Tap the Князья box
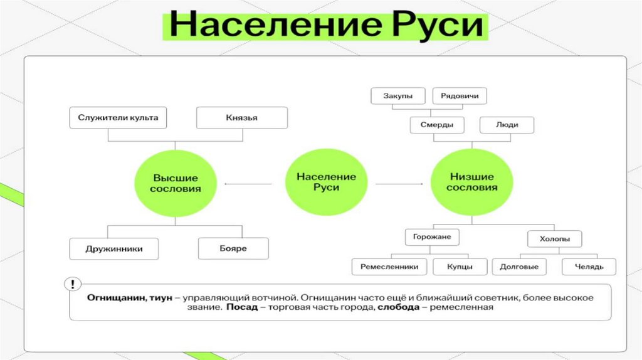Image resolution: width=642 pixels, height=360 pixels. [242, 117]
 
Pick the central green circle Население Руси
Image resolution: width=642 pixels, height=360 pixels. [326, 183]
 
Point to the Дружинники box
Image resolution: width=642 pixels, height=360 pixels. [114, 248]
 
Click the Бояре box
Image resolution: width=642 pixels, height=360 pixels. [233, 248]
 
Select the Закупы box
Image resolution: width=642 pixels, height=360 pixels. [397, 96]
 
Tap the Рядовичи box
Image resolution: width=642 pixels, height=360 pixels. [460, 96]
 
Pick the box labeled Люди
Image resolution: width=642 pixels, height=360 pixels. [507, 124]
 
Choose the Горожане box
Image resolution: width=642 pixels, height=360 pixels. [432, 237]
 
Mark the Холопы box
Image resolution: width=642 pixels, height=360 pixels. [554, 238]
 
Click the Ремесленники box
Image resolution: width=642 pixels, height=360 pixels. [389, 267]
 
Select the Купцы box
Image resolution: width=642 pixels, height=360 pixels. [460, 267]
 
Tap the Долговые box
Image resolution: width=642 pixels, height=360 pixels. [519, 267]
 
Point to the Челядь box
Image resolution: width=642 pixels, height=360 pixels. [589, 267]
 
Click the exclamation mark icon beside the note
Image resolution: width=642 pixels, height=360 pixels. [75, 283]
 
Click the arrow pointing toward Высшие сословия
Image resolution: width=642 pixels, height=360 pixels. [248, 184]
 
